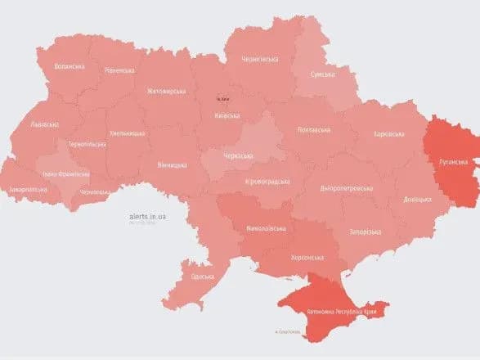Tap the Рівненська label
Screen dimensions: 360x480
[x=119, y=70]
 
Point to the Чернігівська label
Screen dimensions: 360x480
[x=259, y=59]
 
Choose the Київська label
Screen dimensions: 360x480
[x=227, y=115]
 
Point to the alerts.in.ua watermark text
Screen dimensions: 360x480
[x=148, y=216]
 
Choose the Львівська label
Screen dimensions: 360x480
[x=44, y=124]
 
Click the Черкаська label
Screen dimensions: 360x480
[x=239, y=155]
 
